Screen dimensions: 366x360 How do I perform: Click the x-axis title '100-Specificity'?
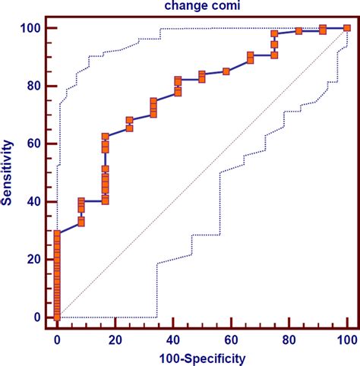[201, 356]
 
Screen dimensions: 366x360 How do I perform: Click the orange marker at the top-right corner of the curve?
[347, 28]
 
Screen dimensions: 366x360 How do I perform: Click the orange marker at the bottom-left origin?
[57, 317]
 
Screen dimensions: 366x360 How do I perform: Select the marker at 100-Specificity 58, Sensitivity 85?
[226, 71]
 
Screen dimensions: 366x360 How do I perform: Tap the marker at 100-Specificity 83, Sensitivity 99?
[298, 31]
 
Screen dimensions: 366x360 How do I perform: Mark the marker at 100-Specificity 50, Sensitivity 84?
[202, 75]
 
